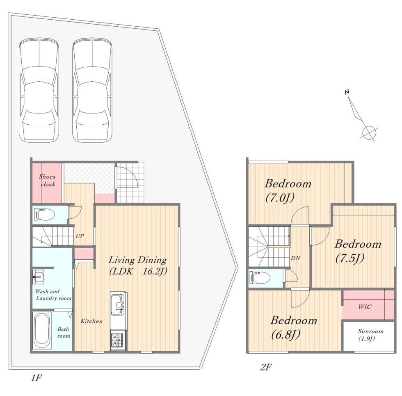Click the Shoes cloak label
[x=48, y=180]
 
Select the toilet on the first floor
[x=45, y=215]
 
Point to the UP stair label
[x=80, y=236]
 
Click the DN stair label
[x=295, y=258]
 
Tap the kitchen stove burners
[x=118, y=341]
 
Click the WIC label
[x=365, y=307]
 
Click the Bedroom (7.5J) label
[x=358, y=251]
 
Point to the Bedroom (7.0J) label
[x=288, y=190]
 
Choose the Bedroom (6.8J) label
[x=294, y=327]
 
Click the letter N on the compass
[x=347, y=92]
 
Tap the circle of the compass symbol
[x=370, y=133]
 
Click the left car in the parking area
[x=39, y=90]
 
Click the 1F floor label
[x=36, y=378]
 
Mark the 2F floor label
[x=266, y=367]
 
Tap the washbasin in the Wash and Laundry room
[x=38, y=277]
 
